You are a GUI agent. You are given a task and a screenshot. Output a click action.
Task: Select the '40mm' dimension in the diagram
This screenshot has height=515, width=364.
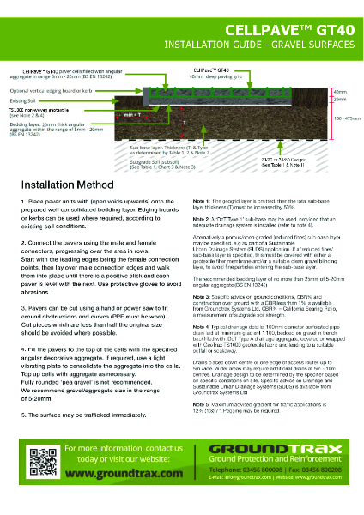[x=340, y=92]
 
